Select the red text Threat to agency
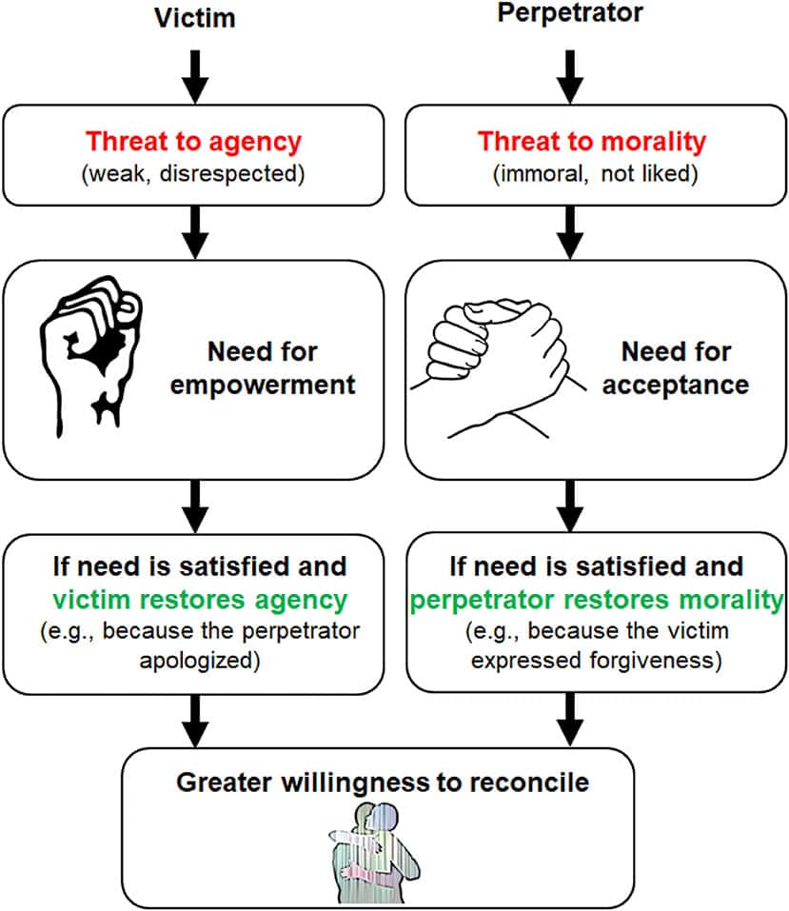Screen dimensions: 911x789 point(194,143)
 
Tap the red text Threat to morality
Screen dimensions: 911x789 point(592,143)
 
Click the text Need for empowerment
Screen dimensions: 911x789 point(283,368)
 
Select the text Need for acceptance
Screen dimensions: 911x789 point(677,368)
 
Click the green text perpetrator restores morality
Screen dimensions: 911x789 point(597,602)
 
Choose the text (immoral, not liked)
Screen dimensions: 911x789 point(592,174)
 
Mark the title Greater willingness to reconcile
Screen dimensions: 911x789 point(383,782)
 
